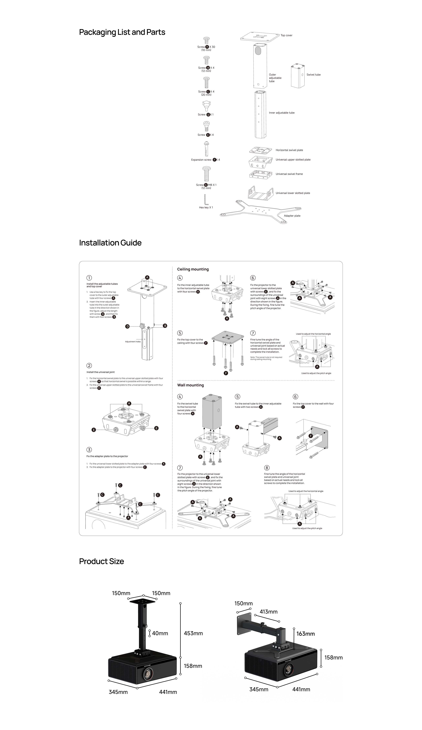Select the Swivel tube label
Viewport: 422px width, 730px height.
314,75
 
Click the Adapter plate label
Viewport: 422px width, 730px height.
292,216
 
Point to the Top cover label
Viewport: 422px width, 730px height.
286,35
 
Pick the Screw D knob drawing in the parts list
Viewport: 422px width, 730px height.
206,106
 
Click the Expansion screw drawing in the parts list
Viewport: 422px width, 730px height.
206,149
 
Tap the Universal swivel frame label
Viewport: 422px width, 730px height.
289,174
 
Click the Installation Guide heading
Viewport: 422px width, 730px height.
110,243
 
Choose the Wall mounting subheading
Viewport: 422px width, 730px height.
190,385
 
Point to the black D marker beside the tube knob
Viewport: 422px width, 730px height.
127,326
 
